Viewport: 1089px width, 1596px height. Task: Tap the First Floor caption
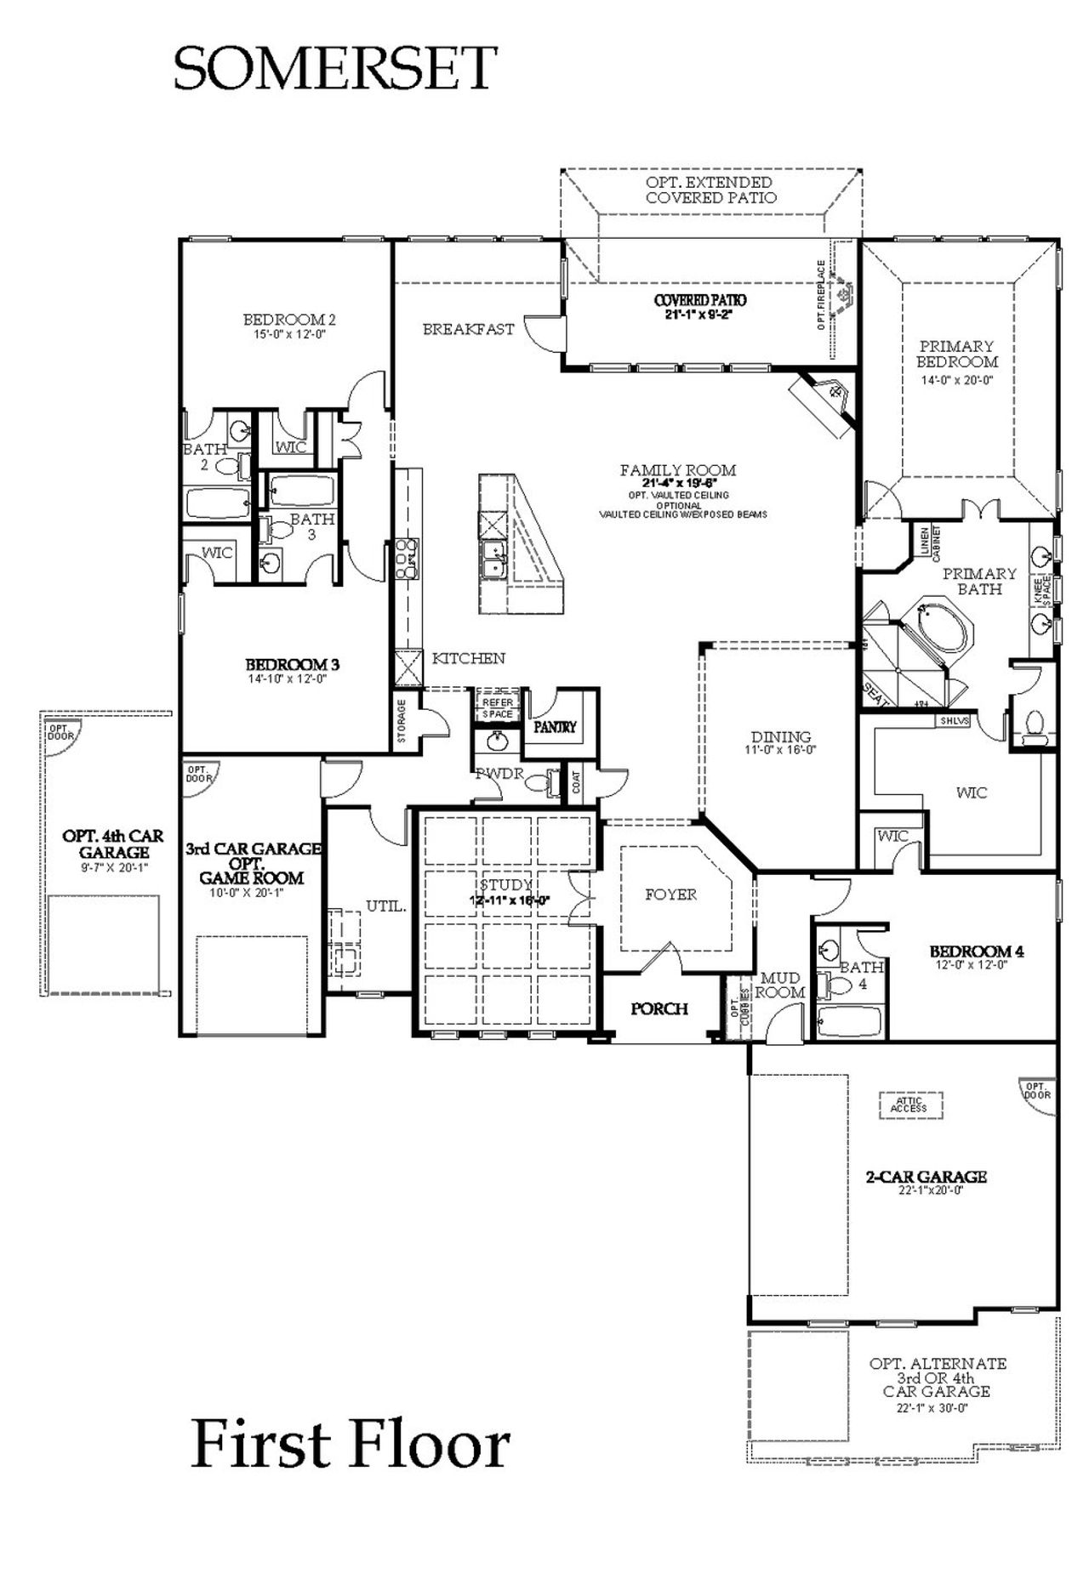click(x=350, y=1445)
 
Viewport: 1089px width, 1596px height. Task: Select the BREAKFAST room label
click(x=468, y=329)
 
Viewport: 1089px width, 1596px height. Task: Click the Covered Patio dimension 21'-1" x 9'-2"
click(x=699, y=314)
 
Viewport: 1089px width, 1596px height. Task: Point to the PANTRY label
click(x=555, y=727)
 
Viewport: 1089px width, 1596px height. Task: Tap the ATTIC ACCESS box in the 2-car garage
click(x=909, y=1105)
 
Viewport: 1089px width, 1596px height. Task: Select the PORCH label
click(x=659, y=1008)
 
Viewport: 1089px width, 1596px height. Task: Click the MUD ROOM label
click(x=781, y=985)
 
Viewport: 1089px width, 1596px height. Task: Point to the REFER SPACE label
click(x=498, y=708)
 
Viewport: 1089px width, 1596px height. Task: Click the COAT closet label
click(x=577, y=780)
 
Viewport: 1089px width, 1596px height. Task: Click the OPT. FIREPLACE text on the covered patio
click(x=821, y=295)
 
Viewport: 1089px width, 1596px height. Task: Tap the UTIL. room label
click(x=385, y=906)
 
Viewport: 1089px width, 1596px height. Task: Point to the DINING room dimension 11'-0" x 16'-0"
click(x=781, y=750)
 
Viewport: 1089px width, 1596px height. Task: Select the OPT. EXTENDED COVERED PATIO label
click(x=710, y=190)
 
